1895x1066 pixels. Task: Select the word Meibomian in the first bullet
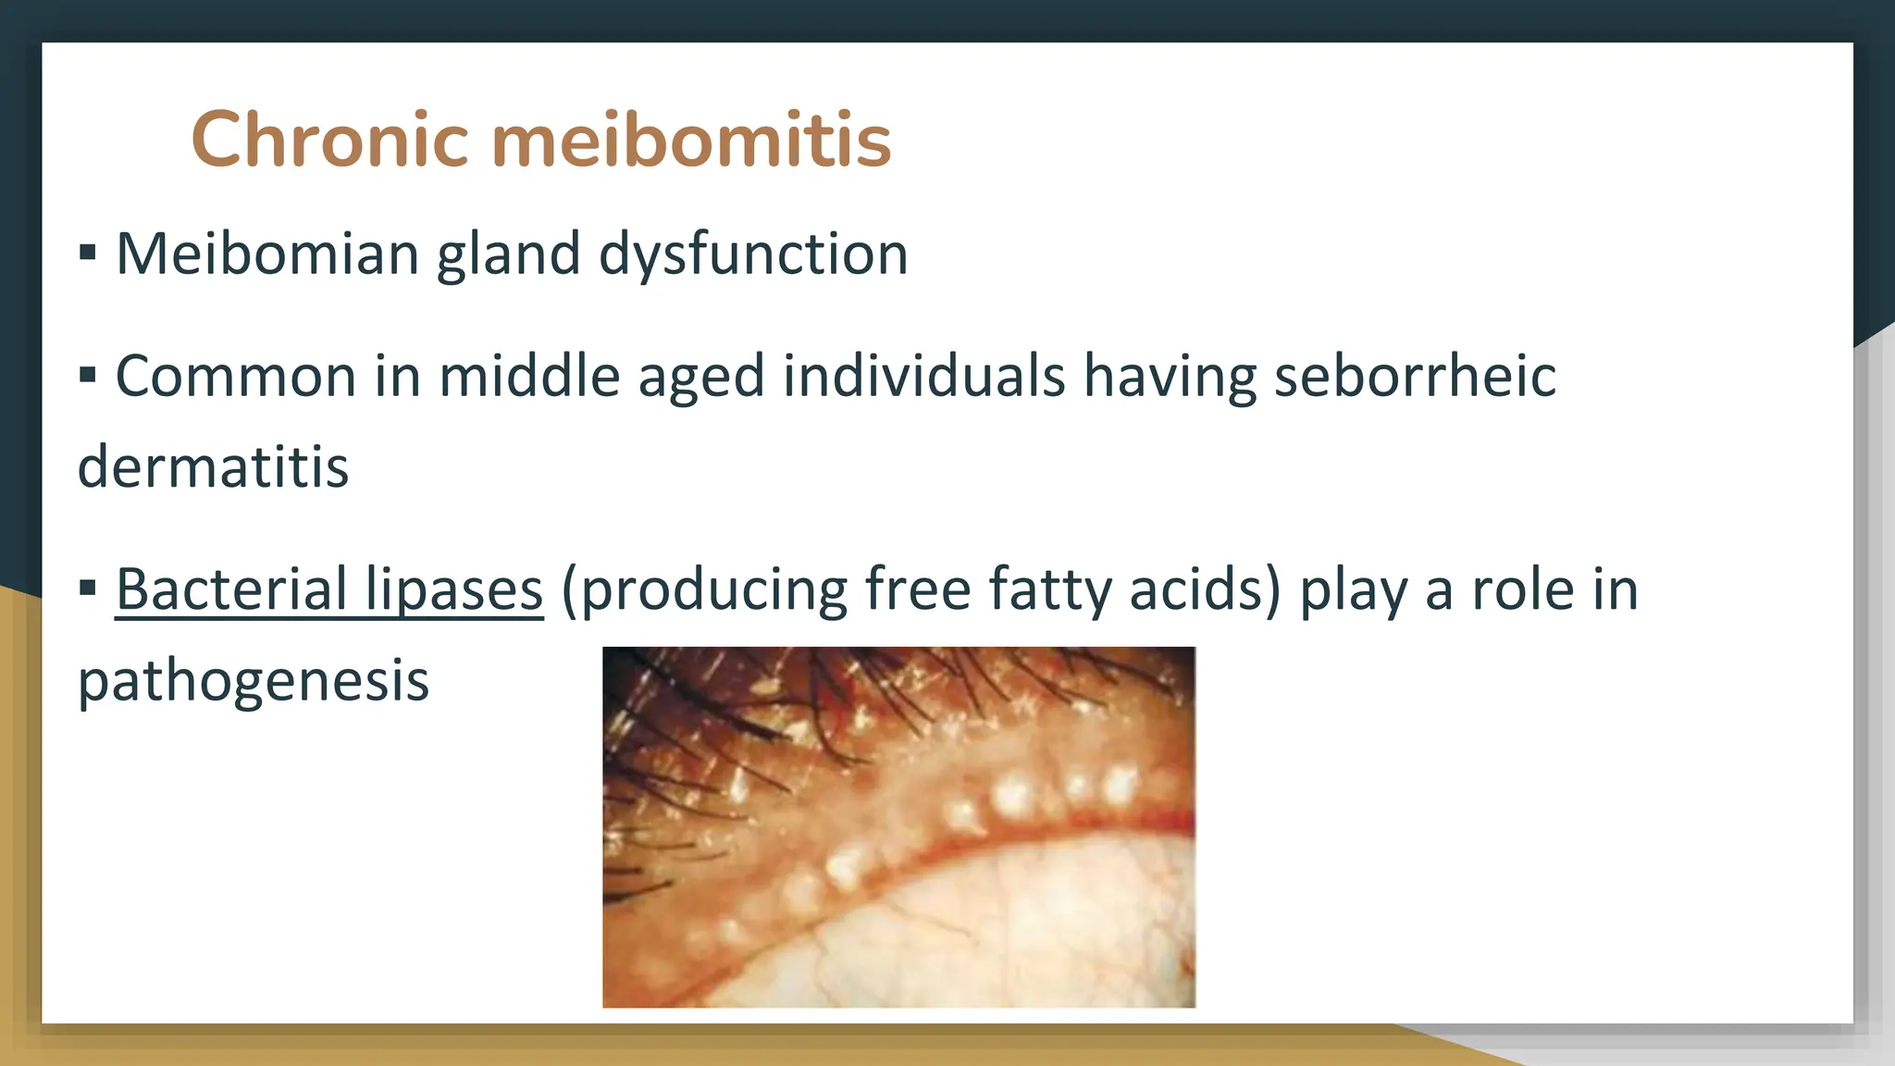coord(267,254)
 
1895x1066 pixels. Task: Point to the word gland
coord(508,254)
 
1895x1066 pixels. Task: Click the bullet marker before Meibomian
coord(88,253)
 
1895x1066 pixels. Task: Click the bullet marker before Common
coord(88,375)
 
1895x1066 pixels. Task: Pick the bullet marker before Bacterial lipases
coord(88,588)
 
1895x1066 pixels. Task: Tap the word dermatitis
coord(213,466)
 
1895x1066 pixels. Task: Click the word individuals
coord(924,376)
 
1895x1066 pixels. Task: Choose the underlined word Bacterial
coord(230,589)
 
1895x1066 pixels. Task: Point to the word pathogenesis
coord(253,681)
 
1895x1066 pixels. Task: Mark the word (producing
coord(703,590)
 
